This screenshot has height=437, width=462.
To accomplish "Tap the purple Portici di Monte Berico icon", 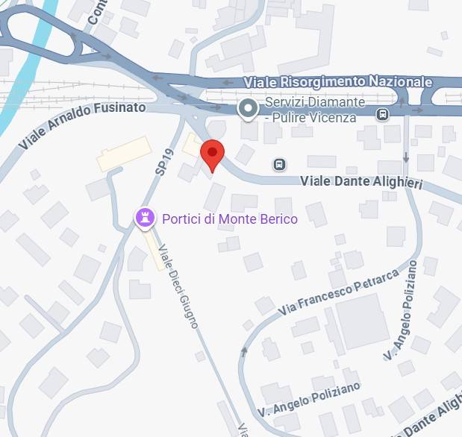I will tap(144, 218).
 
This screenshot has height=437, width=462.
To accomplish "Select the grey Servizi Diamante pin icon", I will tap(247, 110).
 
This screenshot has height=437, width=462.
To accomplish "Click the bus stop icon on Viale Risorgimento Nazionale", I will tap(383, 114).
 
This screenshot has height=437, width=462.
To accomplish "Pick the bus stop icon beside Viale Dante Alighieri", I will tap(279, 164).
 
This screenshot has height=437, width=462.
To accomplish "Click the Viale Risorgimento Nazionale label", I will tap(338, 81).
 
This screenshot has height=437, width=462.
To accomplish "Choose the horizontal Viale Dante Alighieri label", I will tap(360, 181).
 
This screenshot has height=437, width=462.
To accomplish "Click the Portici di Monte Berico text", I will tap(229, 218).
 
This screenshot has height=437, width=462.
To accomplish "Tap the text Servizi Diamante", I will tap(315, 102).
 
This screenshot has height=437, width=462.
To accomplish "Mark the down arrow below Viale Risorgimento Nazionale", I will tap(405, 157).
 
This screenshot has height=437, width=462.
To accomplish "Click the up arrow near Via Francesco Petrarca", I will tap(243, 350).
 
